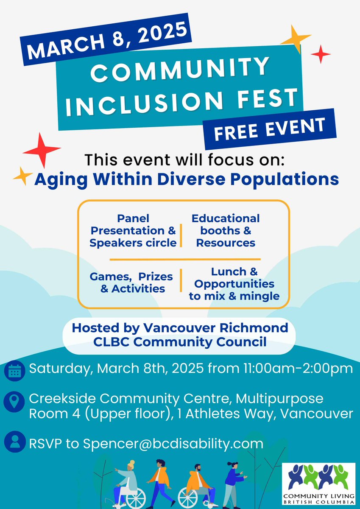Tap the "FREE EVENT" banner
pos(269,129)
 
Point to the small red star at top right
pos(321,54)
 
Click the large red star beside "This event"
pos(42,150)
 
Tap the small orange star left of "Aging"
pos(22,175)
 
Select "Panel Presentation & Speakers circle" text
pos(133,231)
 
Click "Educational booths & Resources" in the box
pos(226,231)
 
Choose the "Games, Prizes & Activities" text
pos(131,282)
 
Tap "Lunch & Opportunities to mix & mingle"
pos(234,284)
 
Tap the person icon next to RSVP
pos(15,443)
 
